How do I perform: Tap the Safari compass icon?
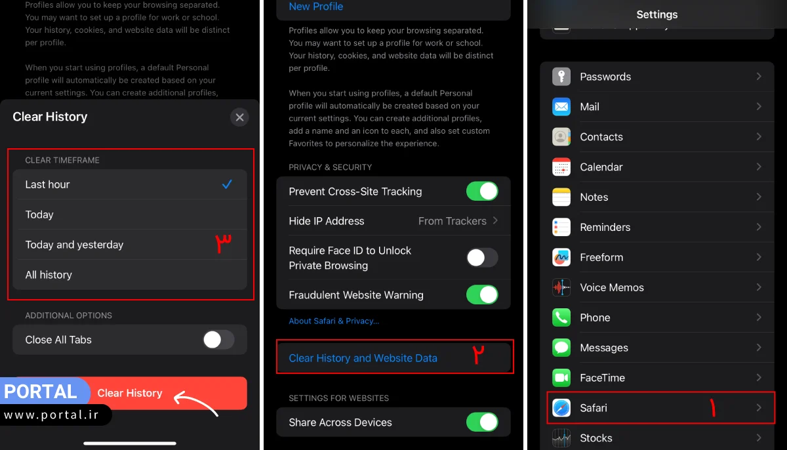click(561, 408)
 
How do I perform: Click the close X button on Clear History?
click(239, 117)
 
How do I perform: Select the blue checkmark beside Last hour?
click(227, 184)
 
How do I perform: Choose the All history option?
click(49, 275)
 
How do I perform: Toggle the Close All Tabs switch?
click(218, 340)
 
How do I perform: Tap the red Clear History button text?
click(130, 393)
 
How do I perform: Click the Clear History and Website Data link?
click(363, 358)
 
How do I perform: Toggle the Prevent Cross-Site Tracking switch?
click(482, 192)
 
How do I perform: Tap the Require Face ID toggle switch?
click(482, 258)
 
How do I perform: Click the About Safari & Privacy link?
click(334, 321)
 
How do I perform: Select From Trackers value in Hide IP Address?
click(453, 221)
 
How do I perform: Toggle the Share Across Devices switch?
click(482, 422)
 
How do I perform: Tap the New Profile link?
click(316, 7)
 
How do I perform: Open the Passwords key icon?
click(561, 77)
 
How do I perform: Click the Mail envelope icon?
click(561, 107)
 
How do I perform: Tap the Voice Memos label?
click(612, 287)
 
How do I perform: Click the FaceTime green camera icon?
click(561, 378)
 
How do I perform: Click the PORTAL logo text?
click(41, 392)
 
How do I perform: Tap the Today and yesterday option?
click(74, 245)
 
